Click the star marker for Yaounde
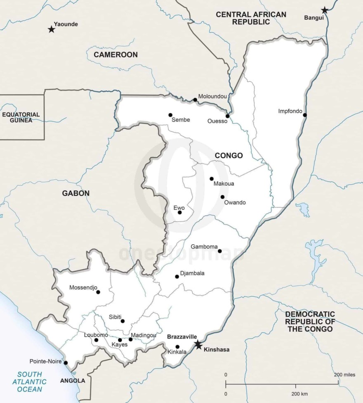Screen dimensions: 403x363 (x=52, y=29)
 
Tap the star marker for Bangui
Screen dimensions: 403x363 (x=325, y=10)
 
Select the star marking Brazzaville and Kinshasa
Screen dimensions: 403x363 (x=198, y=345)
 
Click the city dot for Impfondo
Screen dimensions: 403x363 (x=305, y=115)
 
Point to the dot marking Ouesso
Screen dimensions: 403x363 (x=227, y=116)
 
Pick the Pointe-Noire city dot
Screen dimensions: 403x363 (x=66, y=363)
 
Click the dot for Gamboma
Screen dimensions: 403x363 (x=219, y=251)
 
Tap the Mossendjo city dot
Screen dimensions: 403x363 (x=98, y=292)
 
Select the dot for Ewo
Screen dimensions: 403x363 (x=179, y=213)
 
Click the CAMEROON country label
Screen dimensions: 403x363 (x=115, y=55)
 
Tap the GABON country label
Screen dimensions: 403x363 (x=76, y=193)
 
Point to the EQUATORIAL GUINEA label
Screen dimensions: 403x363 (x=21, y=117)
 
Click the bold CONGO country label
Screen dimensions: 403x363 (x=229, y=156)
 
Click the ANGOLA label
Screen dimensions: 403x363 (x=72, y=381)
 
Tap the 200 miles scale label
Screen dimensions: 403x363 (x=344, y=375)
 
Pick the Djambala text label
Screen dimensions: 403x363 (x=192, y=273)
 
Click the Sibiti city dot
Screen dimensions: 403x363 (x=123, y=321)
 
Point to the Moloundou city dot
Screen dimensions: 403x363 (x=195, y=100)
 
